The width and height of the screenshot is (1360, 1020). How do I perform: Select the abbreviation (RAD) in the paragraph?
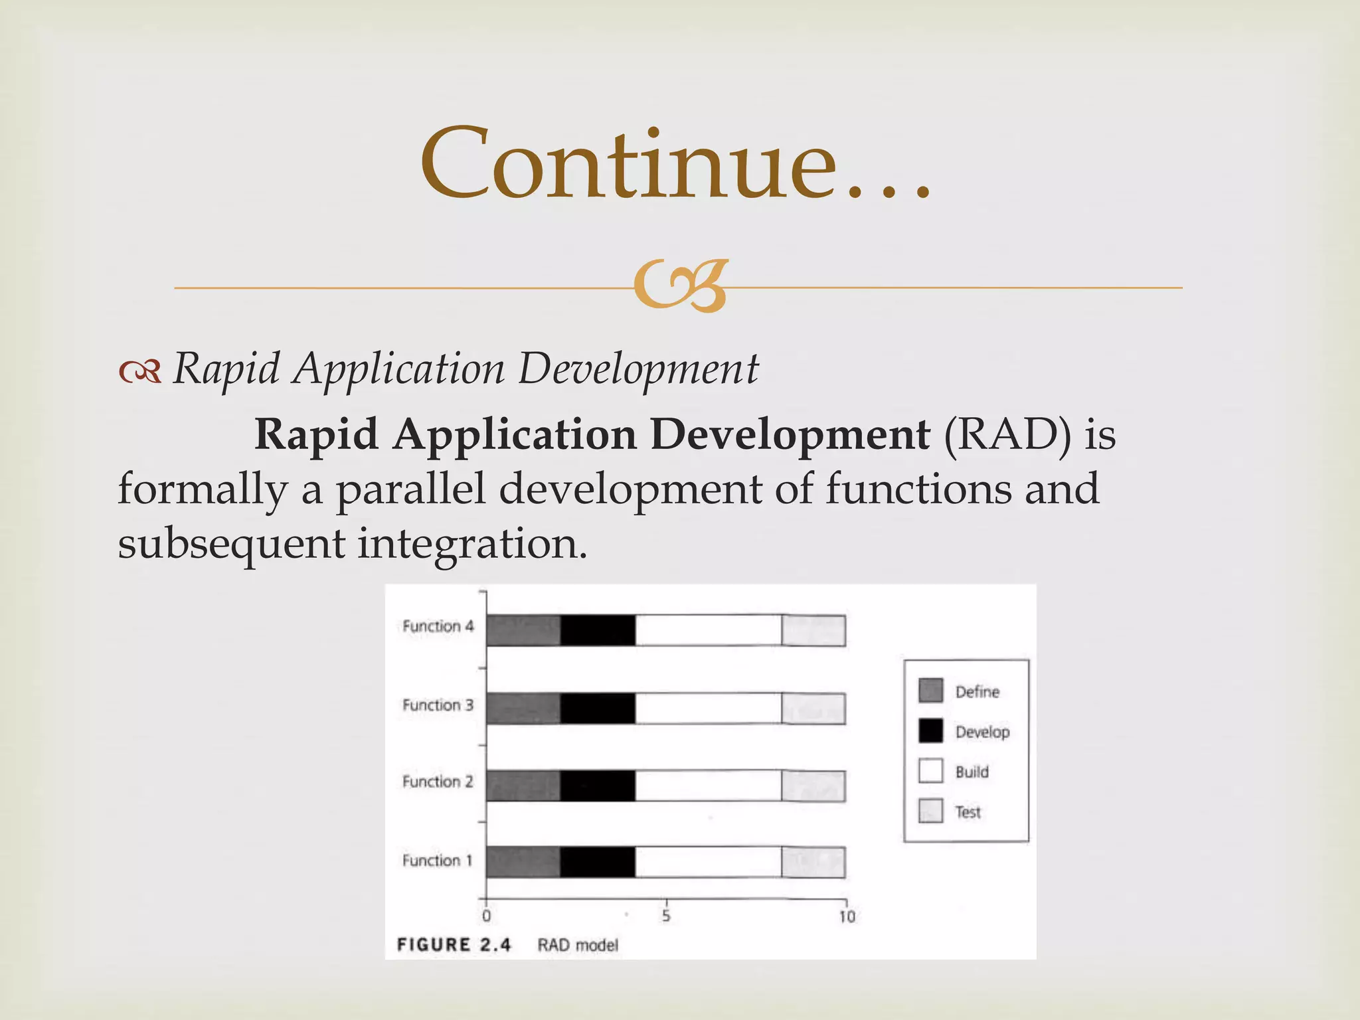(x=1007, y=435)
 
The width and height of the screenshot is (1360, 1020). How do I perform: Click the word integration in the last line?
(x=472, y=544)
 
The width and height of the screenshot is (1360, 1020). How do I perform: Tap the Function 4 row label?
(x=438, y=626)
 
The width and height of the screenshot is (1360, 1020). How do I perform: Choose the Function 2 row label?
(x=438, y=782)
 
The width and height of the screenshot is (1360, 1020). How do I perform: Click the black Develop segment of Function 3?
(x=598, y=709)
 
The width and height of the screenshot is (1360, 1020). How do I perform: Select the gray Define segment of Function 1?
(x=523, y=863)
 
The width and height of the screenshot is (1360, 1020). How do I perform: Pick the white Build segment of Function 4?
(x=708, y=630)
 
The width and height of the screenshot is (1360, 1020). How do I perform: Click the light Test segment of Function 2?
(x=813, y=786)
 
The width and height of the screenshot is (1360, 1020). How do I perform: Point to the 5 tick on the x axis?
(x=666, y=916)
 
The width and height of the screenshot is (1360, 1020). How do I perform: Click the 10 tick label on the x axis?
(x=847, y=917)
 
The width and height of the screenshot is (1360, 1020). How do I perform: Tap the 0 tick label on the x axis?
(x=487, y=917)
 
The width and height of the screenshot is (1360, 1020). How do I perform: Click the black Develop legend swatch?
(x=930, y=731)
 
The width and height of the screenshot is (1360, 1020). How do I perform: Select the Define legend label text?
(x=977, y=692)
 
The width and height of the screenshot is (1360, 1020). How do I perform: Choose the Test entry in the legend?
(x=968, y=812)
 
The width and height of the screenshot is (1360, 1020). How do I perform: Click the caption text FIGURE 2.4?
(x=454, y=944)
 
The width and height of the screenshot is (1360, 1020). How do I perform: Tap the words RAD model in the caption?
(x=577, y=945)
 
